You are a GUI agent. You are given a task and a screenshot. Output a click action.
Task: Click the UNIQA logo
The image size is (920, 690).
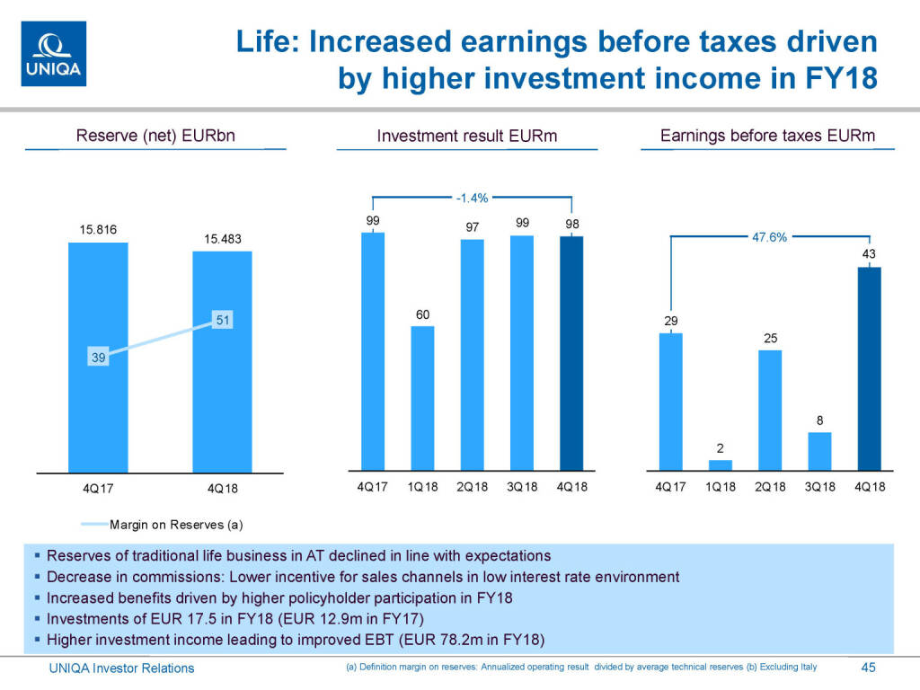(x=53, y=54)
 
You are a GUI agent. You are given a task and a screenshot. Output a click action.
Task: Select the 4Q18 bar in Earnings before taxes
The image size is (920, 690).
(x=869, y=368)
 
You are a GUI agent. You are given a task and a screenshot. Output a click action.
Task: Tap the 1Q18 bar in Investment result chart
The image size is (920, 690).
(x=422, y=398)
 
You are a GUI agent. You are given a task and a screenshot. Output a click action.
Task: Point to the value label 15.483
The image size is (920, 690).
(x=222, y=239)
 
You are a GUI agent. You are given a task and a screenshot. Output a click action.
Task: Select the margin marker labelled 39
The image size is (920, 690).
(x=98, y=358)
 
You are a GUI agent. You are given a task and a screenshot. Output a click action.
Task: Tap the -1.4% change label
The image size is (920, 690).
(x=472, y=197)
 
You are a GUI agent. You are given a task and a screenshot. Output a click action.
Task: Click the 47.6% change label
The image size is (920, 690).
(x=768, y=237)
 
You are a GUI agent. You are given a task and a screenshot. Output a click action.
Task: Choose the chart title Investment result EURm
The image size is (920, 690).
(x=467, y=137)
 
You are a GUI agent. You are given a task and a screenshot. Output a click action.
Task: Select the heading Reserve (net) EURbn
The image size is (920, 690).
(x=155, y=137)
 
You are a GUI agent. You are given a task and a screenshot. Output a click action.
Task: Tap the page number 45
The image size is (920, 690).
(x=868, y=668)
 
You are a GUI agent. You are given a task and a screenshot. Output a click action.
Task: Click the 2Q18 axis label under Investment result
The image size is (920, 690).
(x=472, y=487)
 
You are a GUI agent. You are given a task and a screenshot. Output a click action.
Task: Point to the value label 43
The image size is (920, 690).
(x=869, y=255)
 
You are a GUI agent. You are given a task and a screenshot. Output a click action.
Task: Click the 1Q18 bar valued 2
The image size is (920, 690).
(x=721, y=464)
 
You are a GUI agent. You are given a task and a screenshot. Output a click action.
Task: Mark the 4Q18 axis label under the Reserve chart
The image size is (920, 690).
(x=222, y=489)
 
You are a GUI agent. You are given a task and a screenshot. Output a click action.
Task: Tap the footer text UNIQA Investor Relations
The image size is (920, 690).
(x=120, y=668)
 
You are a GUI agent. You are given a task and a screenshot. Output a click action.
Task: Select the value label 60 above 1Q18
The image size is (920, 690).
(x=422, y=314)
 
